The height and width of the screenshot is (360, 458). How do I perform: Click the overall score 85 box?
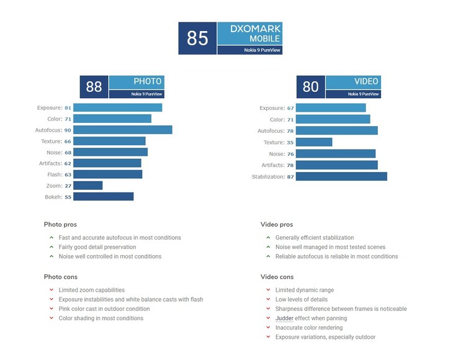[197, 38]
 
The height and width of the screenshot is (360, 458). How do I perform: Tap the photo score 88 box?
[94, 87]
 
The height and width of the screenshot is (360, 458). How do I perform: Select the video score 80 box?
[310, 87]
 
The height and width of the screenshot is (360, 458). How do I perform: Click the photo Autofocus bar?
[122, 130]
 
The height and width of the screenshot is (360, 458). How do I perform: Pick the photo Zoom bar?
[88, 186]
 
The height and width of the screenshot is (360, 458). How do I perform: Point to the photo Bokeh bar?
[103, 197]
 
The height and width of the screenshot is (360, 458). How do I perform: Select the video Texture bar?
[314, 142]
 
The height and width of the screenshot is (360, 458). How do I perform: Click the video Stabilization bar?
[341, 176]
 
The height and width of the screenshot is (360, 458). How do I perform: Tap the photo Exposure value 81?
[68, 107]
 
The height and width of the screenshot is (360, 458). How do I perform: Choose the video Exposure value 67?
[290, 108]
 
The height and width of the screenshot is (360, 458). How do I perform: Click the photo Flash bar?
[107, 174]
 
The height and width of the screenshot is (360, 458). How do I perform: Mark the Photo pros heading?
[60, 225]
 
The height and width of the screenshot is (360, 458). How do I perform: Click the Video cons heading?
[277, 277]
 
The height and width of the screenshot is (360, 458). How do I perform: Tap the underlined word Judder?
[284, 318]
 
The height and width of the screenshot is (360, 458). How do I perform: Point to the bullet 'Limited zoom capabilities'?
[91, 290]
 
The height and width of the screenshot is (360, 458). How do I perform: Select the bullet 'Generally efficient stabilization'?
[315, 238]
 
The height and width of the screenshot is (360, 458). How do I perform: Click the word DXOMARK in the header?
[256, 29]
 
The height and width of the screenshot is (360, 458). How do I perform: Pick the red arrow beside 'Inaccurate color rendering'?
[268, 328]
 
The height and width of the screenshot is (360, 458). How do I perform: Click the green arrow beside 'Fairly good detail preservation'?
[52, 247]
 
